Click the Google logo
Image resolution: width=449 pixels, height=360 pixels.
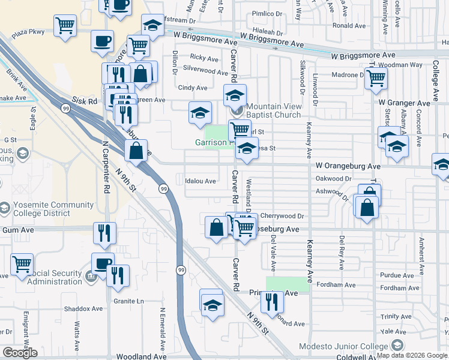[20, 353]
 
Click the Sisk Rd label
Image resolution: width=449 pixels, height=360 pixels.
[85, 102]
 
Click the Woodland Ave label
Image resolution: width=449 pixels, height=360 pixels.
[141, 356]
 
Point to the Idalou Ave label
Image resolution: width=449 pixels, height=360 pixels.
[200, 181]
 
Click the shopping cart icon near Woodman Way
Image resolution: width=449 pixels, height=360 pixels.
[376, 77]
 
